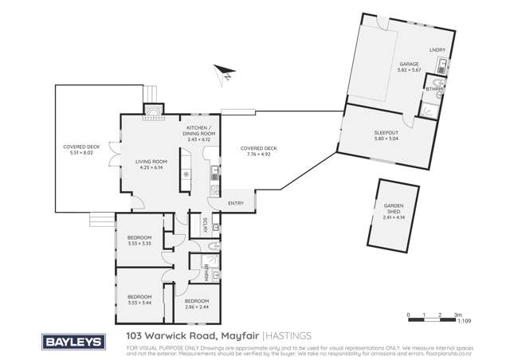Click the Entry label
[237, 203]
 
